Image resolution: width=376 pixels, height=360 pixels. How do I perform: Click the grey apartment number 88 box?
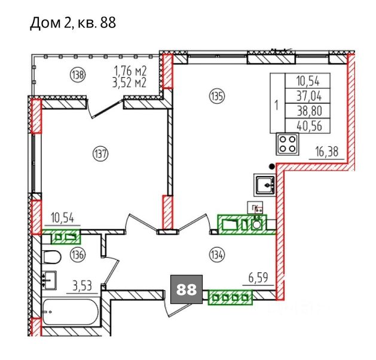coord(187,289)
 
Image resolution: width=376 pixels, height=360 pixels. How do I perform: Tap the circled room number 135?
coord(217,97)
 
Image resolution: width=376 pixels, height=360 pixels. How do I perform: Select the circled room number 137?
coord(100,154)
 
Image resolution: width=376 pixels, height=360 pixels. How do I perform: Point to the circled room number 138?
coord(78,75)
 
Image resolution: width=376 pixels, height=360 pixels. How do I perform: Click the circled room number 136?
coord(78,254)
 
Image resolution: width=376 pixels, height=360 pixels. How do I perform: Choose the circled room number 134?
coord(217,255)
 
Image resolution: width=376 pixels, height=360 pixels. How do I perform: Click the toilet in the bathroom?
coord(52,257)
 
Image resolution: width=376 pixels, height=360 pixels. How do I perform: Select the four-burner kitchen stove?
coord(288,144)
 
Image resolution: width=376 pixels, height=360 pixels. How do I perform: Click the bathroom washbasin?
coord(49,280)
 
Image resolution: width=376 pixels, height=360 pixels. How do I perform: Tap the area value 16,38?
coord(327,152)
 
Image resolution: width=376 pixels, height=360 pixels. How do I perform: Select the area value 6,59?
coord(258,278)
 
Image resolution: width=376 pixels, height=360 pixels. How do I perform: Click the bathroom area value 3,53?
coord(82,286)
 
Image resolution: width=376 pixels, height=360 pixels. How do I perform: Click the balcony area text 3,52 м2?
coord(130,83)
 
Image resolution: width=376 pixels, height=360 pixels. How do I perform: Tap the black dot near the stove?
coord(272,166)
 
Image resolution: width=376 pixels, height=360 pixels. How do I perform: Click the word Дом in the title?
coord(45,23)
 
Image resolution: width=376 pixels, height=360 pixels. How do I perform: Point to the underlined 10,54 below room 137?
coord(62,218)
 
